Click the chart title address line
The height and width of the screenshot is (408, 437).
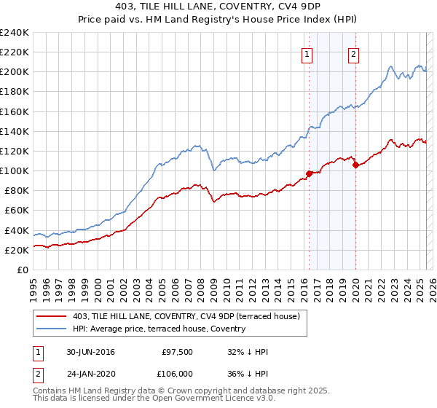click(218, 7)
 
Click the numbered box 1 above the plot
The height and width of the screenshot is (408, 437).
click(307, 54)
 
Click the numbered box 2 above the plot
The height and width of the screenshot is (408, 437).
click(353, 54)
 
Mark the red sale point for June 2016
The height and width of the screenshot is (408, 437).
click(309, 173)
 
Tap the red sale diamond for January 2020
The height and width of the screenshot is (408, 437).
click(355, 165)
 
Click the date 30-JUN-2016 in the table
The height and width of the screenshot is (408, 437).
click(90, 353)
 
